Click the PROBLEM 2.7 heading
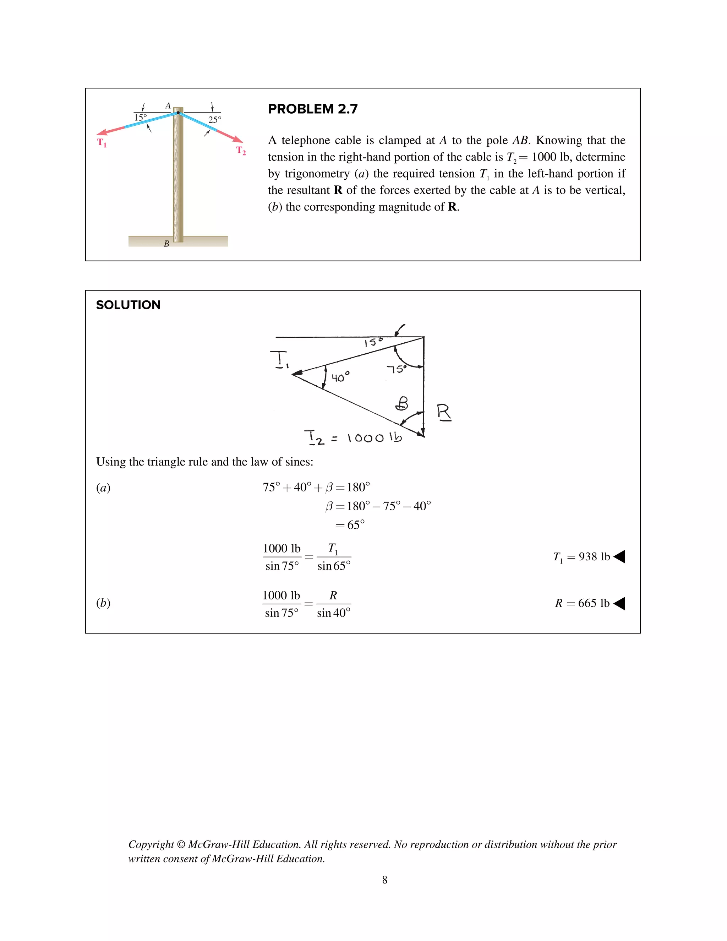click(x=313, y=109)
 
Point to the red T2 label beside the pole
click(x=241, y=151)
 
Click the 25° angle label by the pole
click(x=214, y=120)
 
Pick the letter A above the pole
click(x=168, y=105)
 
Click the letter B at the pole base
click(x=166, y=244)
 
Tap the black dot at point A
click(x=178, y=113)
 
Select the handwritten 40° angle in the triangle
click(x=340, y=377)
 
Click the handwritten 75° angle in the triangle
click(x=396, y=369)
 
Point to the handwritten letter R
click(x=444, y=412)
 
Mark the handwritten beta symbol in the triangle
click(x=402, y=404)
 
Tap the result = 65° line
click(x=350, y=525)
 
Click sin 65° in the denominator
click(x=334, y=566)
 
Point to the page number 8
click(x=384, y=880)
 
